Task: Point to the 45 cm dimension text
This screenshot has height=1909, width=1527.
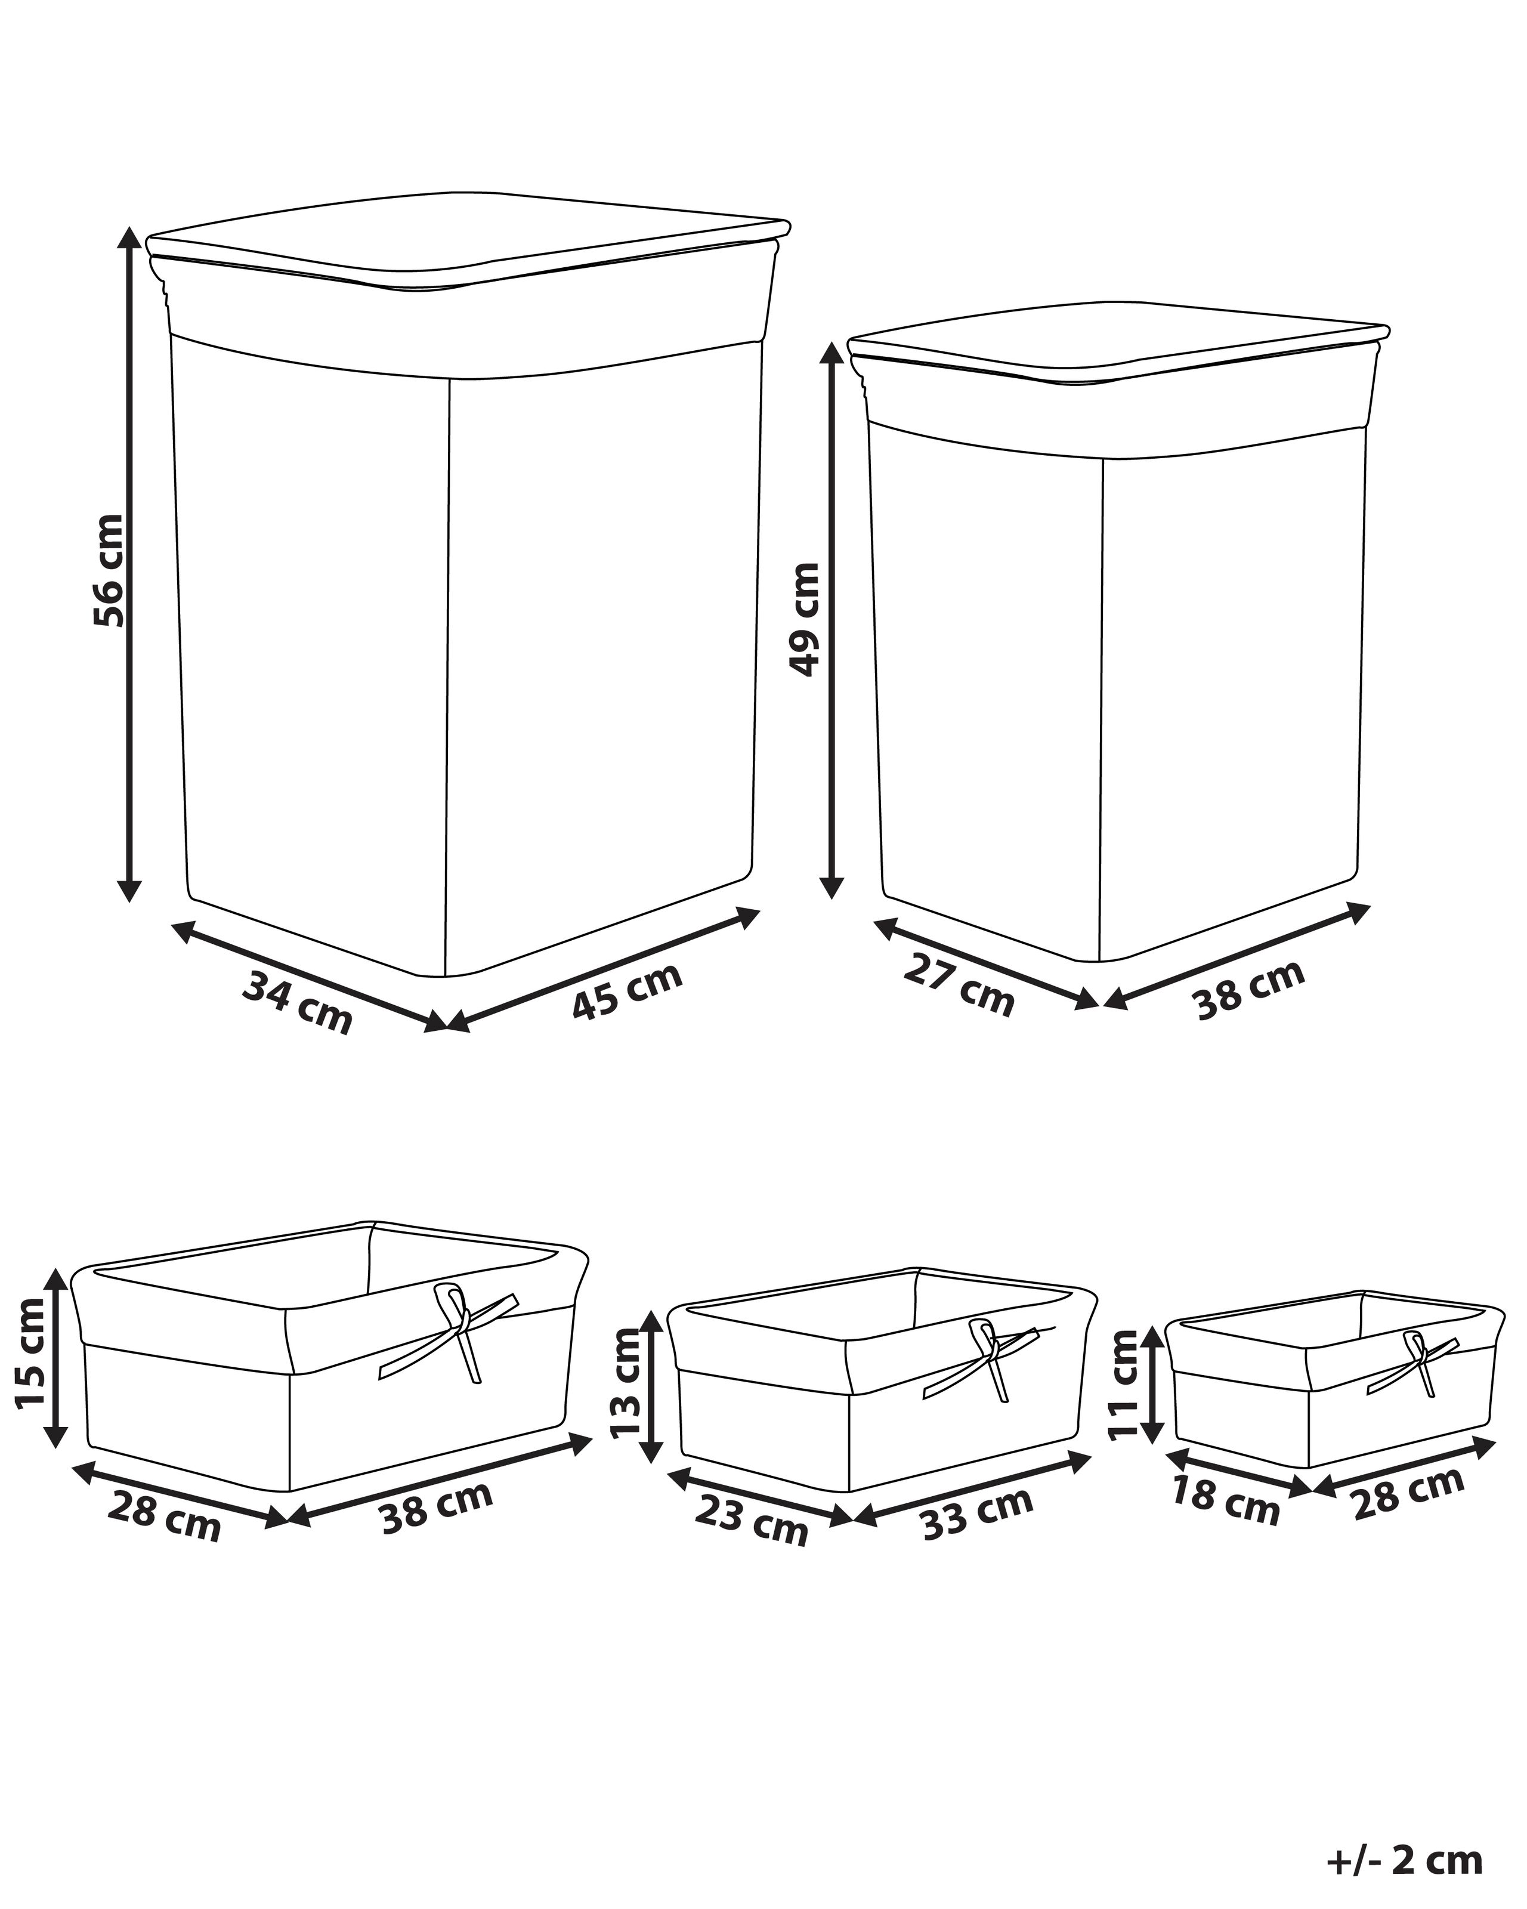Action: coord(627,991)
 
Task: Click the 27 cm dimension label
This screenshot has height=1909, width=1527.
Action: coord(959,986)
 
